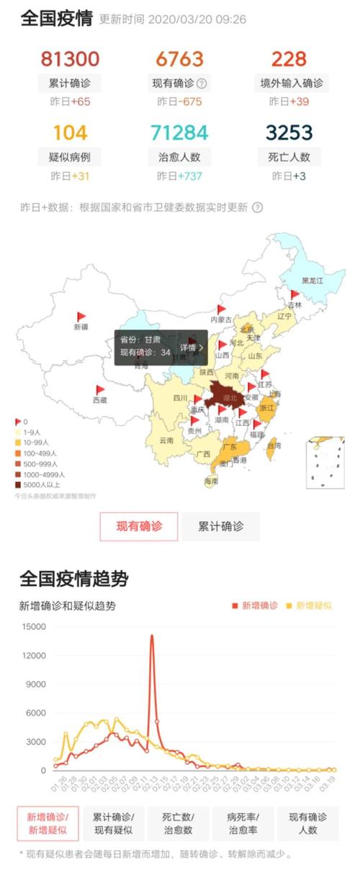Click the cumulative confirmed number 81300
[x=70, y=58]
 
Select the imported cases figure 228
[x=289, y=58]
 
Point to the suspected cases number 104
[x=70, y=132]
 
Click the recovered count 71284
[x=179, y=132]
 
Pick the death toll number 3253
[x=289, y=132]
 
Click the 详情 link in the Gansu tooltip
[x=191, y=348]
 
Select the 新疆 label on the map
[x=81, y=327]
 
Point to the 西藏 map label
[x=99, y=399]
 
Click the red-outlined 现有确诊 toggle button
[x=139, y=526]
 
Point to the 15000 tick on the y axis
[x=33, y=627]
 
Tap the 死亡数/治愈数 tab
[x=177, y=823]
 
